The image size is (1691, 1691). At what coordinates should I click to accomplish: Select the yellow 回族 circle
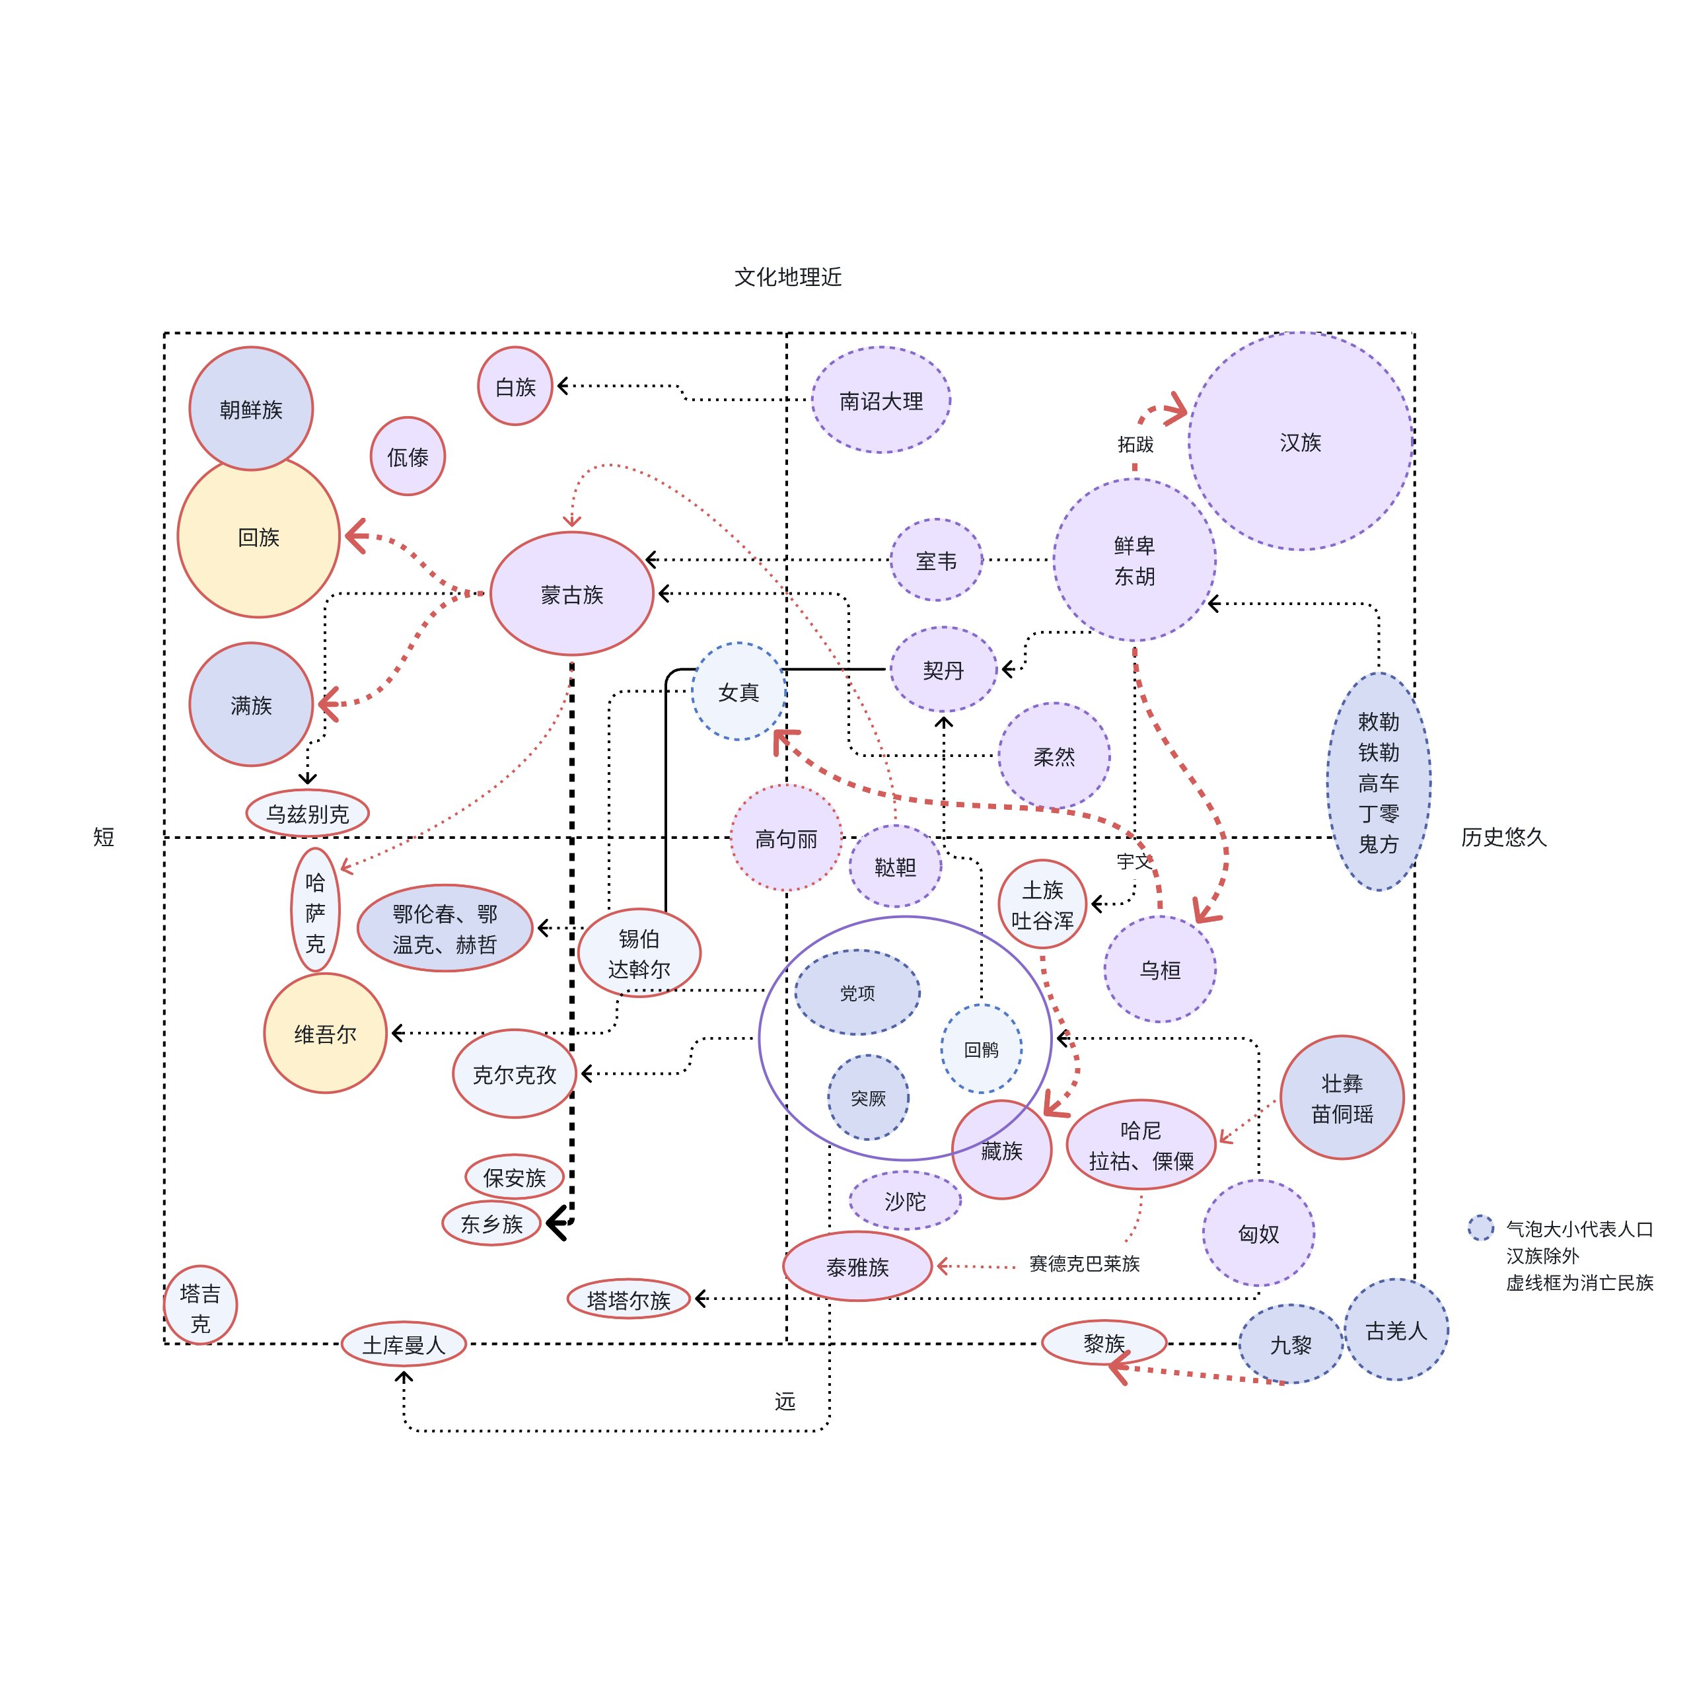coord(258,536)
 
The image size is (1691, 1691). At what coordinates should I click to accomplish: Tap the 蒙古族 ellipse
coord(571,594)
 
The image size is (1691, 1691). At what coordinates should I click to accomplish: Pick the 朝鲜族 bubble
coord(251,409)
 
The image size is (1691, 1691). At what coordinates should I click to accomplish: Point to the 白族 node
coord(515,386)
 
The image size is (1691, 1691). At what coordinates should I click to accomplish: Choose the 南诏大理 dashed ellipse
coord(881,401)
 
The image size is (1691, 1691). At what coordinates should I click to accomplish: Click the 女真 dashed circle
coord(738,692)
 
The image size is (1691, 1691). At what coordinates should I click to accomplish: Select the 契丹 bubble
coord(943,670)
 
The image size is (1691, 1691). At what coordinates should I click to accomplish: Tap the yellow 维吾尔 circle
coord(325,1034)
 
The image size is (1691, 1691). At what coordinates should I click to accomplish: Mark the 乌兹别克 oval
coord(307,813)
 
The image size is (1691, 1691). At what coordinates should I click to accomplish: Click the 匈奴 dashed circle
coord(1258,1233)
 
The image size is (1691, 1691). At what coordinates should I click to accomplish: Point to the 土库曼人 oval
coord(404,1344)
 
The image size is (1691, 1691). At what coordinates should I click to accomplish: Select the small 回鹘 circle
coord(981,1048)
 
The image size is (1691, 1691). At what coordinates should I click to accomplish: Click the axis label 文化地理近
coord(788,277)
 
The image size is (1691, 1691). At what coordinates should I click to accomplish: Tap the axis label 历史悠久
coord(1503,838)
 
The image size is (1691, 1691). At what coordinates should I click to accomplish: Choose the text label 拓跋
coord(1135,445)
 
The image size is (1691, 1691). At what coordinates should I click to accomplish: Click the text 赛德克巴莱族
coord(1085,1263)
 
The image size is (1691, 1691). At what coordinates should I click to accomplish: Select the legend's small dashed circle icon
coord(1480,1228)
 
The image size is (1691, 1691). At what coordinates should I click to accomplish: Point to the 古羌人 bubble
coord(1396,1330)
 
